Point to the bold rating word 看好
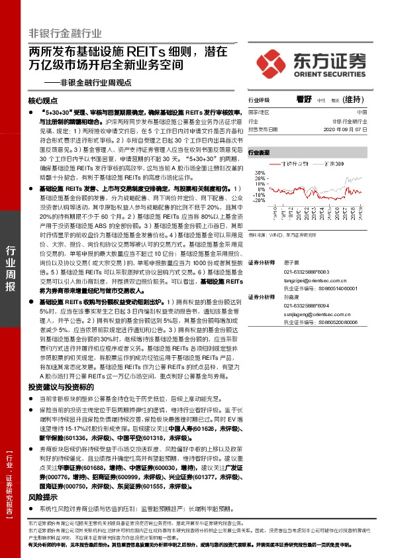point(304,99)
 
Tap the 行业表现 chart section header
point(259,152)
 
